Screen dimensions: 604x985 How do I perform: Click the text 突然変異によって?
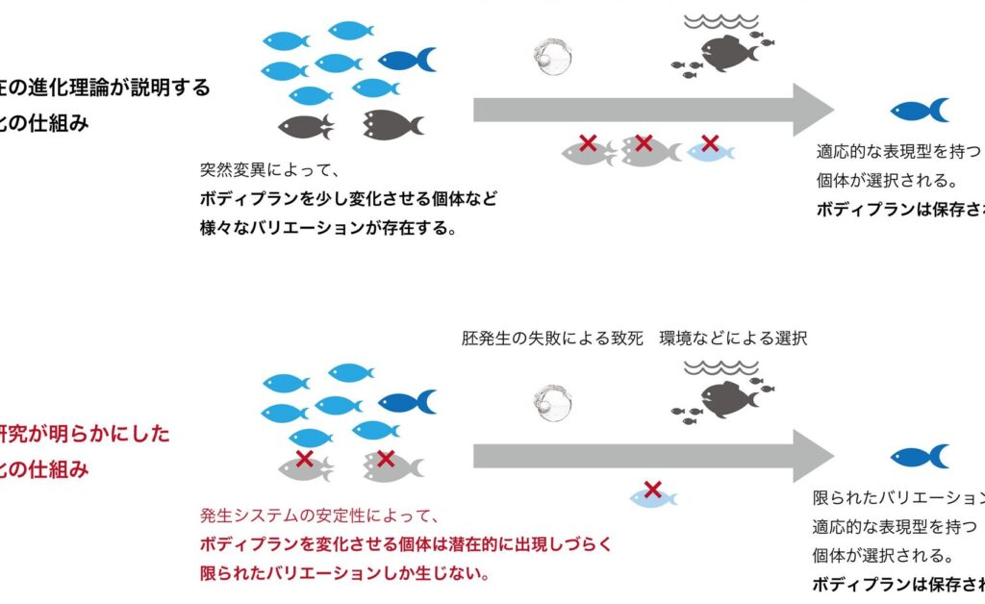coord(265,171)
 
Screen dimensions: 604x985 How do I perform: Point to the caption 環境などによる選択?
coord(733,339)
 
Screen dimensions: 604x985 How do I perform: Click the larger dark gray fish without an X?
coord(391,124)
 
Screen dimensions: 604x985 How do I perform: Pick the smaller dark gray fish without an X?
coord(306,126)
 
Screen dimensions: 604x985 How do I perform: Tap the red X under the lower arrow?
coord(653,490)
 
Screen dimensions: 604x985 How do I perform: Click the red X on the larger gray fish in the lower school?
coord(386,459)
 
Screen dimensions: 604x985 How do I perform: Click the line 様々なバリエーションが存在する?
coord(327,229)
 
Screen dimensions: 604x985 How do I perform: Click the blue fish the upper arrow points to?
coord(919,111)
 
